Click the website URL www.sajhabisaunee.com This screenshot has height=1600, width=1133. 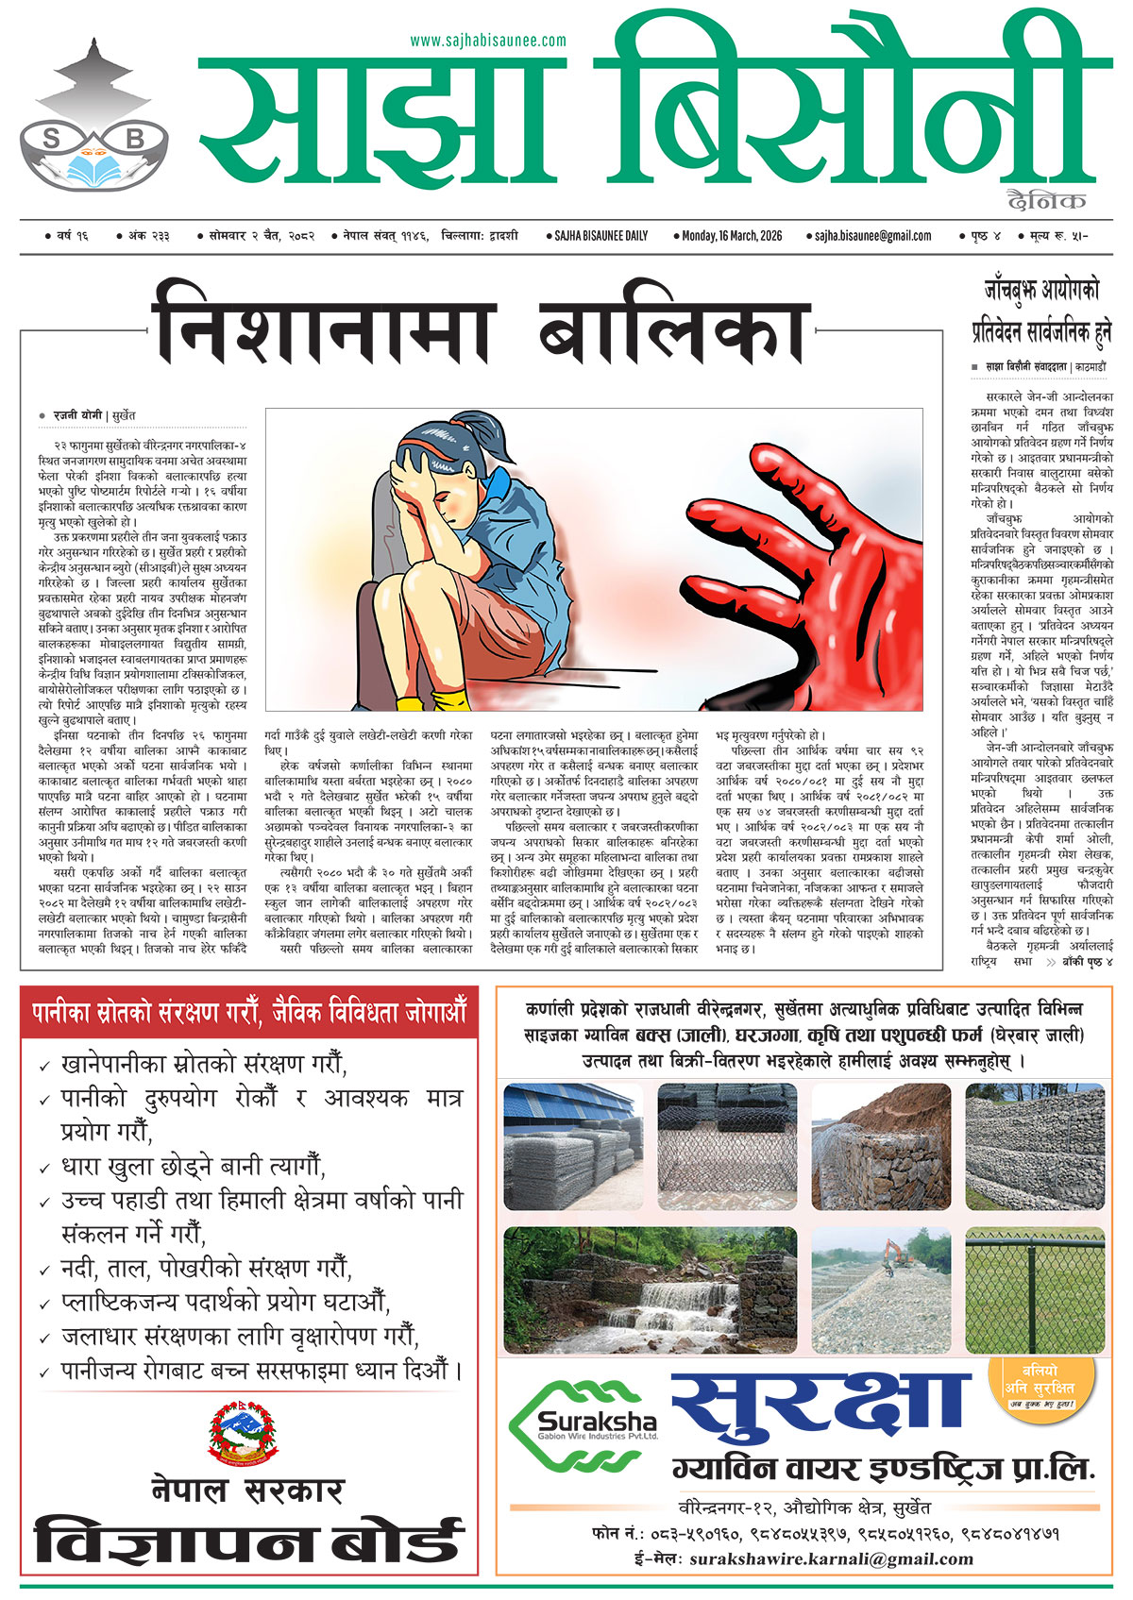tap(488, 41)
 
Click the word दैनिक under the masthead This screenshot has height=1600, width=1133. tap(1046, 200)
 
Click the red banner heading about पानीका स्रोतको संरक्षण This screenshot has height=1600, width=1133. tap(249, 1014)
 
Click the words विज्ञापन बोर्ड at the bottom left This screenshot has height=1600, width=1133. tap(248, 1540)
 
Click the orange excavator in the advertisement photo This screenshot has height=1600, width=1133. tap(892, 1255)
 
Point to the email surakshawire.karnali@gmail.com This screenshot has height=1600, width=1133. tap(831, 1558)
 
